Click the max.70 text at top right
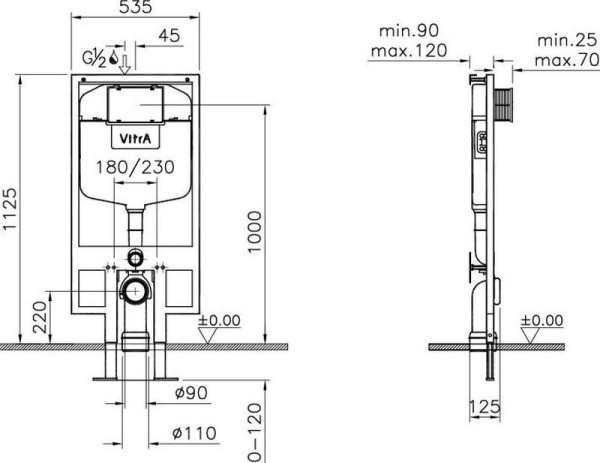(566, 59)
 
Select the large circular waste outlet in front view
(133, 291)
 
